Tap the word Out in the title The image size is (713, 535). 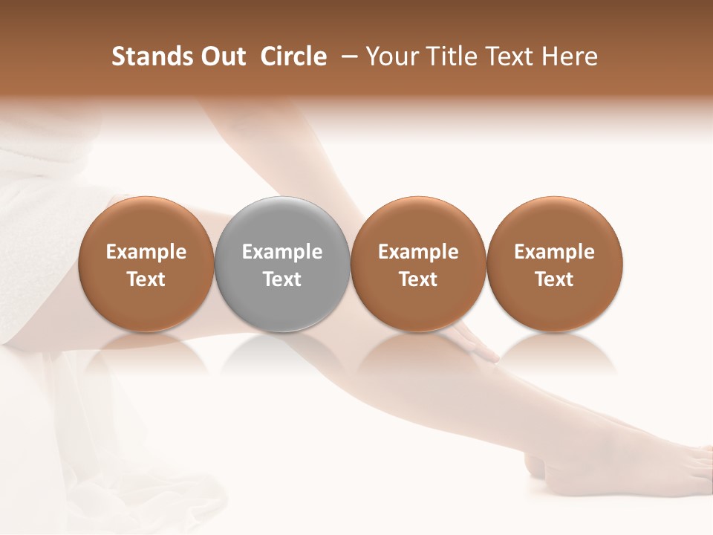click(x=221, y=56)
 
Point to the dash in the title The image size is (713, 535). click(x=347, y=56)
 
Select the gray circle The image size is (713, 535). click(x=282, y=264)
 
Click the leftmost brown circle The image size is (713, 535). click(x=146, y=264)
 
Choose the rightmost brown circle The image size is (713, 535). click(x=554, y=264)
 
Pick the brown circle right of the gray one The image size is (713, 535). click(x=418, y=264)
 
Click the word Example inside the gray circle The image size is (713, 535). click(x=282, y=252)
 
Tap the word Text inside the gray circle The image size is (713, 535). click(x=282, y=279)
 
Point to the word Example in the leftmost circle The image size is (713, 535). click(x=146, y=252)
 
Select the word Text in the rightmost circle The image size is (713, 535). click(x=554, y=279)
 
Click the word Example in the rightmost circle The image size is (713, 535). click(x=554, y=252)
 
